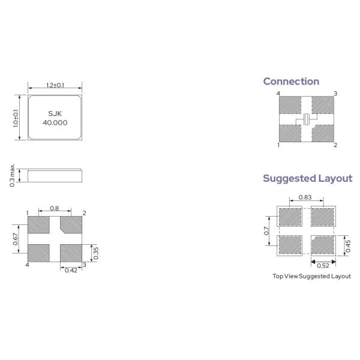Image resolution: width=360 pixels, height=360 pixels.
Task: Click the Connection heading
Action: click(291, 82)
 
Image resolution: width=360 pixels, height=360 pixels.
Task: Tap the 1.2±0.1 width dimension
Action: click(55, 85)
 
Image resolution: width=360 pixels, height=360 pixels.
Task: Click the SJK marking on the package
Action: click(55, 113)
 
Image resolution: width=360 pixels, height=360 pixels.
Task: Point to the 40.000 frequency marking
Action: click(55, 122)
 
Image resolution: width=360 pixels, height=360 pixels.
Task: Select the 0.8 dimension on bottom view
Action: click(55, 209)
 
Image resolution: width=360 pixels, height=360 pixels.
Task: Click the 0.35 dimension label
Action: click(95, 253)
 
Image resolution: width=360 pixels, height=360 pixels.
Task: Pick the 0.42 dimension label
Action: click(71, 269)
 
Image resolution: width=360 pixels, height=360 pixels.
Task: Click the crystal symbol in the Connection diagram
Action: click(307, 119)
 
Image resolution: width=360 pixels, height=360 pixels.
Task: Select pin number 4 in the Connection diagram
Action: click(278, 94)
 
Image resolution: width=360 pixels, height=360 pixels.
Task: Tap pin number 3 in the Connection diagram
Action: click(335, 94)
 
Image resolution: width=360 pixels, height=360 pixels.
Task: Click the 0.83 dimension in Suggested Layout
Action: click(305, 197)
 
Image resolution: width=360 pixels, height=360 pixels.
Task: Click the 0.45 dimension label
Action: click(348, 246)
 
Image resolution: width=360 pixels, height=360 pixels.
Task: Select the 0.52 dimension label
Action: click(322, 265)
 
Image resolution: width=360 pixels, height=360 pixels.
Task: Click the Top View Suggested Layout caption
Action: click(311, 277)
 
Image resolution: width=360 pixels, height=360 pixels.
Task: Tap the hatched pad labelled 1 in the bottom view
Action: click(39, 225)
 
